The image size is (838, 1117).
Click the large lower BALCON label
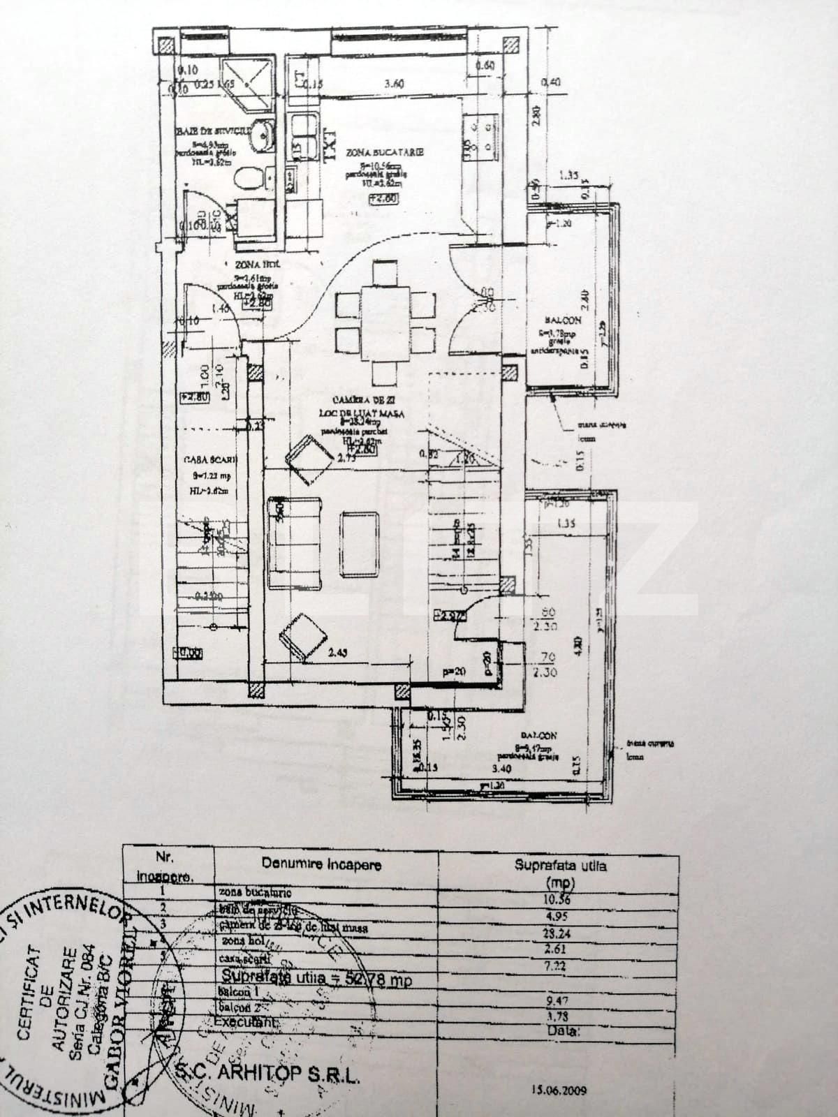click(x=538, y=735)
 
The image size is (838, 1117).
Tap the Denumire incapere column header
click(x=321, y=864)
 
